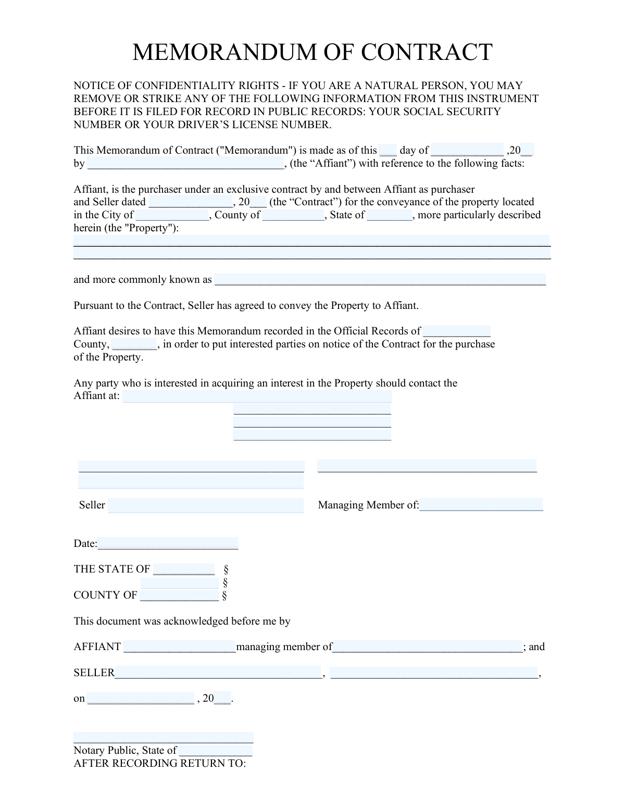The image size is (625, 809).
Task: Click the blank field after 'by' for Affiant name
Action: (x=186, y=164)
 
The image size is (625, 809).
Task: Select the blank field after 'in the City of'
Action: (x=172, y=215)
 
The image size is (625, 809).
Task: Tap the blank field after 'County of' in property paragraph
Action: (x=293, y=215)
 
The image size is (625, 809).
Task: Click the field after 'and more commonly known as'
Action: (x=380, y=280)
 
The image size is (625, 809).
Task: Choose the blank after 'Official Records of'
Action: (x=457, y=331)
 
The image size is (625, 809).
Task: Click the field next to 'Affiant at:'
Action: (x=257, y=396)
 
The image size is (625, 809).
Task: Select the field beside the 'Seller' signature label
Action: (x=206, y=505)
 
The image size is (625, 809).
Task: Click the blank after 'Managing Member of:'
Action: (x=481, y=505)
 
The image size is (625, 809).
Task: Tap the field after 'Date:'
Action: (x=168, y=544)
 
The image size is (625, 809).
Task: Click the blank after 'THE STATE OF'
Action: (x=184, y=569)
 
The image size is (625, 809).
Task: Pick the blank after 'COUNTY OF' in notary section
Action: (x=180, y=595)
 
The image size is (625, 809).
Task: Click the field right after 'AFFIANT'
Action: (x=180, y=647)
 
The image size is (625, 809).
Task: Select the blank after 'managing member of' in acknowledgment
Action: (x=427, y=647)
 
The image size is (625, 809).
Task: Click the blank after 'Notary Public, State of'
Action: (x=216, y=751)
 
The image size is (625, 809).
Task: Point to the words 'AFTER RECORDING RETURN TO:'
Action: (x=159, y=764)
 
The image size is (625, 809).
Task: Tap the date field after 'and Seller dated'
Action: (x=191, y=202)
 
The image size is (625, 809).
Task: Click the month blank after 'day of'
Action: (x=467, y=151)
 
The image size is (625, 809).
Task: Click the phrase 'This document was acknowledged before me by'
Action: (x=182, y=621)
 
